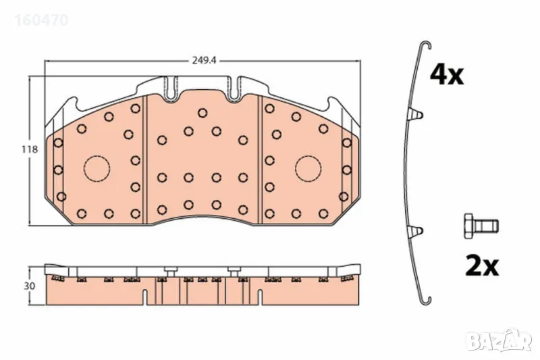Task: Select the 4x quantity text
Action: click(448, 75)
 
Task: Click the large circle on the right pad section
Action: click(308, 168)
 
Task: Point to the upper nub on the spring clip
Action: click(418, 114)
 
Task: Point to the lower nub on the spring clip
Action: click(418, 232)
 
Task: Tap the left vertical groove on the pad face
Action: click(146, 159)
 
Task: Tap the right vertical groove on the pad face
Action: click(260, 159)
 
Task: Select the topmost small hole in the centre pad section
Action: click(202, 113)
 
